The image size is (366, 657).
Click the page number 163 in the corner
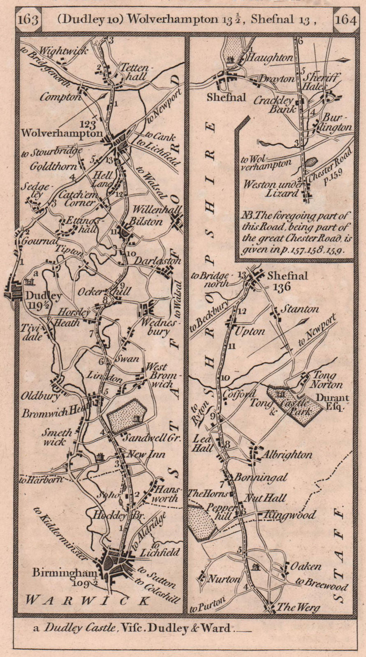(x=28, y=20)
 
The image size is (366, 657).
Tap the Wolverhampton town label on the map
(x=61, y=133)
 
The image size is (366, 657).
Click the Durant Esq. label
(x=332, y=402)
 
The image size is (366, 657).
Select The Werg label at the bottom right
(x=297, y=606)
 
